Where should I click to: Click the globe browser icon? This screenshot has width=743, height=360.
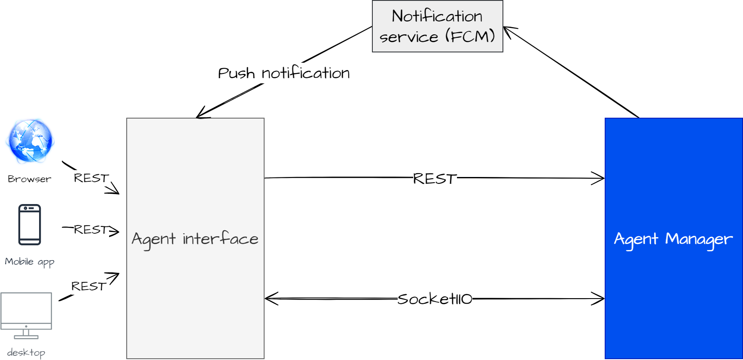30,141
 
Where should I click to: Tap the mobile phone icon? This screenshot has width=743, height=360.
30,225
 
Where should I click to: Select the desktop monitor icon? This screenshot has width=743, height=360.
26,315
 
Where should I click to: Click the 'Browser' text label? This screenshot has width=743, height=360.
29,179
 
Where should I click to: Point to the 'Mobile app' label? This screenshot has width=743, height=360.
29,262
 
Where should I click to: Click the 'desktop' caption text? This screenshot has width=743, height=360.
26,353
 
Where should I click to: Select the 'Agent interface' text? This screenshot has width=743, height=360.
195,239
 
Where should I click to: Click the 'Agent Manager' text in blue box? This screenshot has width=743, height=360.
673,239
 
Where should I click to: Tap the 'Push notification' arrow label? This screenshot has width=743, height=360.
284,73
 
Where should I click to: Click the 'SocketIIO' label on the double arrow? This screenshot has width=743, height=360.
435,299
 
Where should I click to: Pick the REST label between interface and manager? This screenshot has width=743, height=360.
435,179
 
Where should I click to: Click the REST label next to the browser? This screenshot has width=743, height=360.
91,178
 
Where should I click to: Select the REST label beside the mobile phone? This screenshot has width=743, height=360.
91,230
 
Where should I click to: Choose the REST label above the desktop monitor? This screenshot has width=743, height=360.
88,286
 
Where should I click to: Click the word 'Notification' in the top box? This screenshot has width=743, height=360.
437,16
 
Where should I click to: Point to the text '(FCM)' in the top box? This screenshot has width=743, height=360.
470,36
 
